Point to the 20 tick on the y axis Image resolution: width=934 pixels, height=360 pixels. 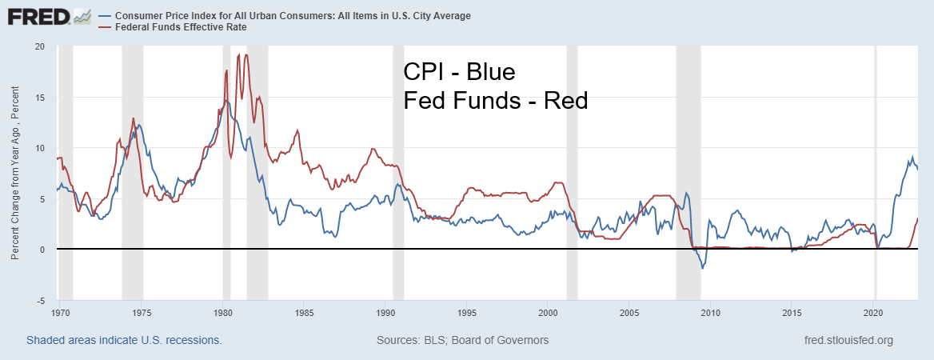click(39, 46)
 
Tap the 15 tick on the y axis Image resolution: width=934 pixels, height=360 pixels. click(39, 98)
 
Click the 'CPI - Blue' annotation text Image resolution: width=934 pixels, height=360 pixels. click(459, 73)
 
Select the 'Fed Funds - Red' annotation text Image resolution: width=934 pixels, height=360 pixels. click(495, 101)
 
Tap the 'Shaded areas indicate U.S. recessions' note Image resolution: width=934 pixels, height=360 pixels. click(124, 340)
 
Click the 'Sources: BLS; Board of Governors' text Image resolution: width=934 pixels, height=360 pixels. click(462, 340)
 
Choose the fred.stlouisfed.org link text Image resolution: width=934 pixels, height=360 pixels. click(850, 340)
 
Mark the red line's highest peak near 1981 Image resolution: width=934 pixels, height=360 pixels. click(246, 54)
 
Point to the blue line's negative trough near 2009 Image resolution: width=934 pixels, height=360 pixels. click(702, 268)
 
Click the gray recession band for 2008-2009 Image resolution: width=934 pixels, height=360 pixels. click(688, 160)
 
